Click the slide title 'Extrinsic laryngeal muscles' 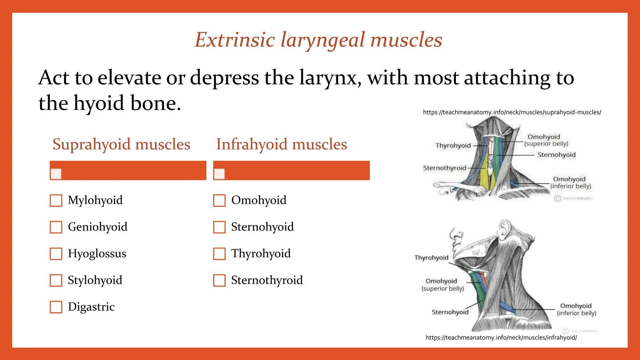318,40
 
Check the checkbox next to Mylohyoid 56,200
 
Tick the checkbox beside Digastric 56,307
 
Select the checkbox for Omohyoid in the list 219,200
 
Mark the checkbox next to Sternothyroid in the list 219,280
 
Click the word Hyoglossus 97,253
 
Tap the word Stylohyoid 95,280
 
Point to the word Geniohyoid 97,227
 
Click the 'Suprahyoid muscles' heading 121,144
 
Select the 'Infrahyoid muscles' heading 282,144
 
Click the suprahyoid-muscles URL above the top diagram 512,112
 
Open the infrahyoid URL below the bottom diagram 501,337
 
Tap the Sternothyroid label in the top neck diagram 444,168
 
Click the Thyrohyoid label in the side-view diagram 431,257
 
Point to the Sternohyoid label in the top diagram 556,155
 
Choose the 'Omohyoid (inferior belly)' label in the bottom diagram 576,309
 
